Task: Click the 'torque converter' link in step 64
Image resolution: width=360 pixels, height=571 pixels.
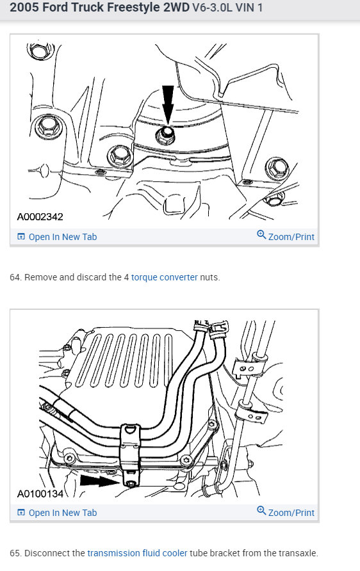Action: point(165,277)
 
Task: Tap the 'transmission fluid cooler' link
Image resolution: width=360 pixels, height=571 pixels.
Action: point(137,553)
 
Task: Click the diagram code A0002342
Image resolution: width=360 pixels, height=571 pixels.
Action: point(40,217)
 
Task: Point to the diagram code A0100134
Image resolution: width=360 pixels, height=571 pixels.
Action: point(40,494)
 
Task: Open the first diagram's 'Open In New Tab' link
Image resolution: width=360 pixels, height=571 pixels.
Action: point(57,237)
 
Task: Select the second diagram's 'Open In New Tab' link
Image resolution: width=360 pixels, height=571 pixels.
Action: point(57,513)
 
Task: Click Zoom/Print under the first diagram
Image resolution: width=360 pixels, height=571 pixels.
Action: point(286,236)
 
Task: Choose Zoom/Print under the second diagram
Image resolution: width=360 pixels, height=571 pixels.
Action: point(286,512)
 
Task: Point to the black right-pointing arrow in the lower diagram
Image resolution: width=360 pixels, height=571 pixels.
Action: point(100,481)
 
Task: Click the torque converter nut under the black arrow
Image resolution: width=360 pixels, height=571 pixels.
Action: point(166,134)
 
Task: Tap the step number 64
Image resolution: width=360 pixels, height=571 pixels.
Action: point(15,277)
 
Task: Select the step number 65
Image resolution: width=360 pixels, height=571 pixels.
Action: point(15,553)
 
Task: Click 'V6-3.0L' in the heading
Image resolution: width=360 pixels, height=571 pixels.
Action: point(212,7)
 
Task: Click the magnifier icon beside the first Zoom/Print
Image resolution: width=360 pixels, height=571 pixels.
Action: point(261,235)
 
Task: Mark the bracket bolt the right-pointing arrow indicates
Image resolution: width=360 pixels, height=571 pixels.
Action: point(131,483)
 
